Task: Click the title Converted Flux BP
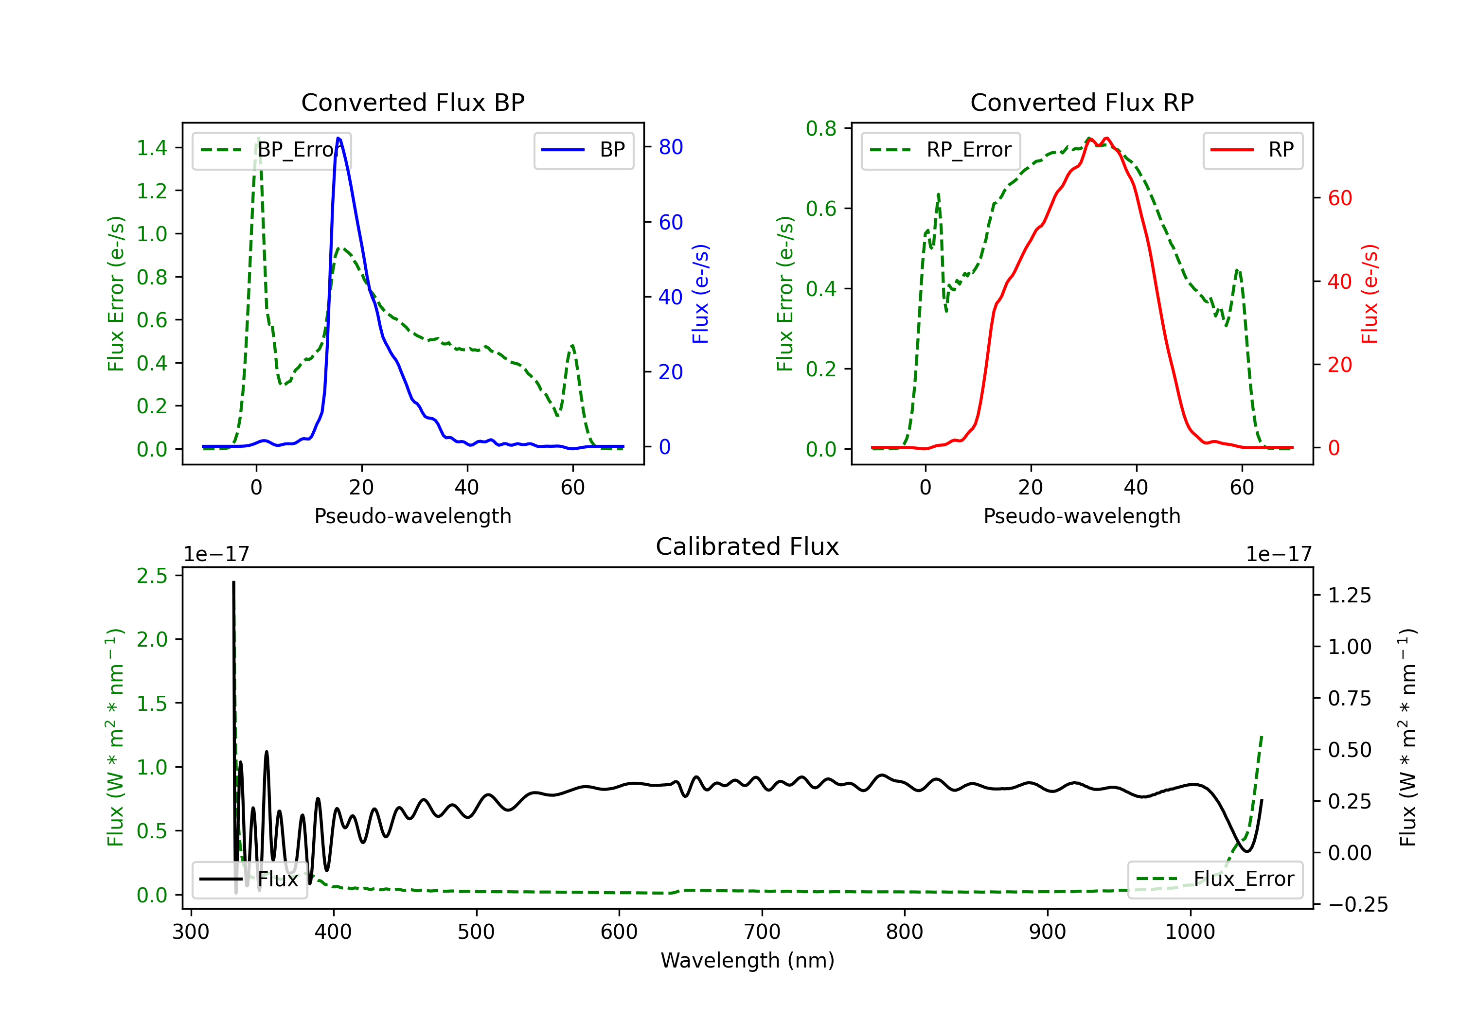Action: pos(412,102)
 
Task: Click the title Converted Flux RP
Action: pos(1082,102)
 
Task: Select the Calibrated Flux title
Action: pos(747,546)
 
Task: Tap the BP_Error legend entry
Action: pos(271,150)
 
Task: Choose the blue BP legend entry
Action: pos(583,150)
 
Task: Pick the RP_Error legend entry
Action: pos(941,150)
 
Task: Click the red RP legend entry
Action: pos(1252,150)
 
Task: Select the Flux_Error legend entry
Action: pos(1215,880)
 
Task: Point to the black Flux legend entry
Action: pos(250,880)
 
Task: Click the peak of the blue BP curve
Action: pos(338,138)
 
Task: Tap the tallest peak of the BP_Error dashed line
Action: pos(258,138)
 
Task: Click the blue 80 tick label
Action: pos(670,147)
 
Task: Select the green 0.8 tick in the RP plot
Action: pos(821,128)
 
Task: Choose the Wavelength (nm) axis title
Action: pos(747,960)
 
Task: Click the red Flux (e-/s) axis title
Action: pos(1370,294)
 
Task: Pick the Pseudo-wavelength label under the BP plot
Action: pos(412,516)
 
